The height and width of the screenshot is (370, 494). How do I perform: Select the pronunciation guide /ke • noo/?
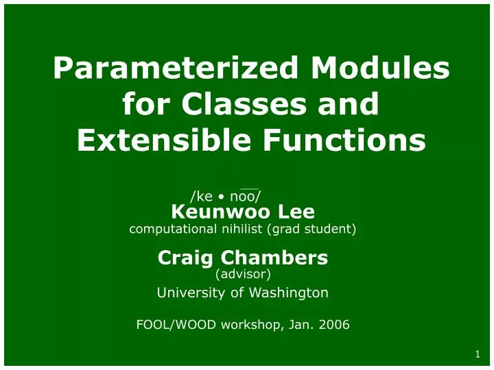click(x=225, y=197)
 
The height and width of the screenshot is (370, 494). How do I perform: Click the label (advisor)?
click(x=243, y=274)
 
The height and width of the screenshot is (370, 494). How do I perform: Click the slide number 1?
click(x=476, y=354)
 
